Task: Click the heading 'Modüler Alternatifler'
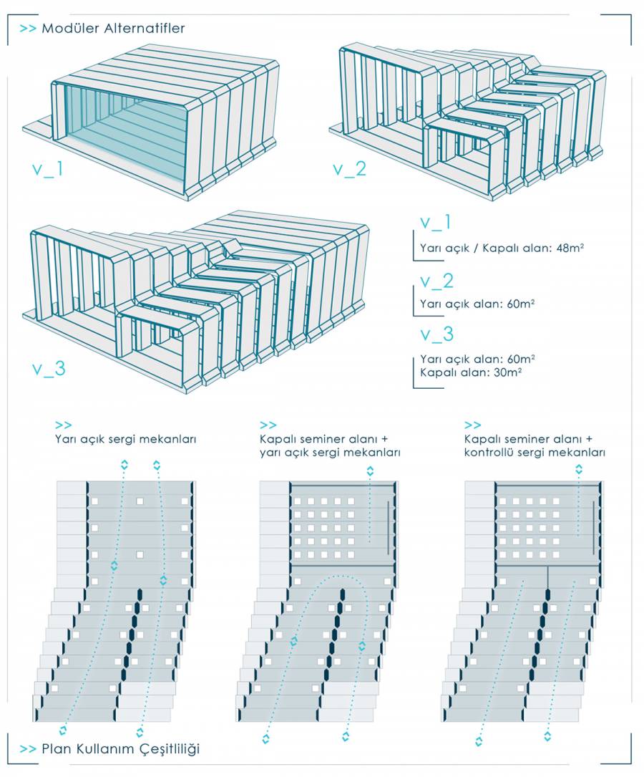pos(113,28)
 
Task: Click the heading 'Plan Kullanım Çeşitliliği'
pos(120,749)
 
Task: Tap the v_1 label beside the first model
pos(47,170)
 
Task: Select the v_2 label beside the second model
pos(350,169)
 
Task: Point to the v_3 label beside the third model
pos(49,368)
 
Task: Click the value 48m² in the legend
pos(570,248)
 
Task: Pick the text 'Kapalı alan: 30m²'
pos(471,372)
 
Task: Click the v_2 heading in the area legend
pos(437,281)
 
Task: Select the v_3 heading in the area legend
pos(437,334)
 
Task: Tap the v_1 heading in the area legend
pos(436,223)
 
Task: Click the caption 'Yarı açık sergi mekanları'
pos(126,440)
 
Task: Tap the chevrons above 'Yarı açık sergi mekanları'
pos(64,425)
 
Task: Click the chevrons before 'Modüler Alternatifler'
pos(28,29)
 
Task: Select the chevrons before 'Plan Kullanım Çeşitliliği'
pos(28,749)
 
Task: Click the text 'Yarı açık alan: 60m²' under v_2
pos(477,304)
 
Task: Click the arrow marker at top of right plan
pos(579,469)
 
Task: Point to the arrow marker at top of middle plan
pos(370,470)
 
